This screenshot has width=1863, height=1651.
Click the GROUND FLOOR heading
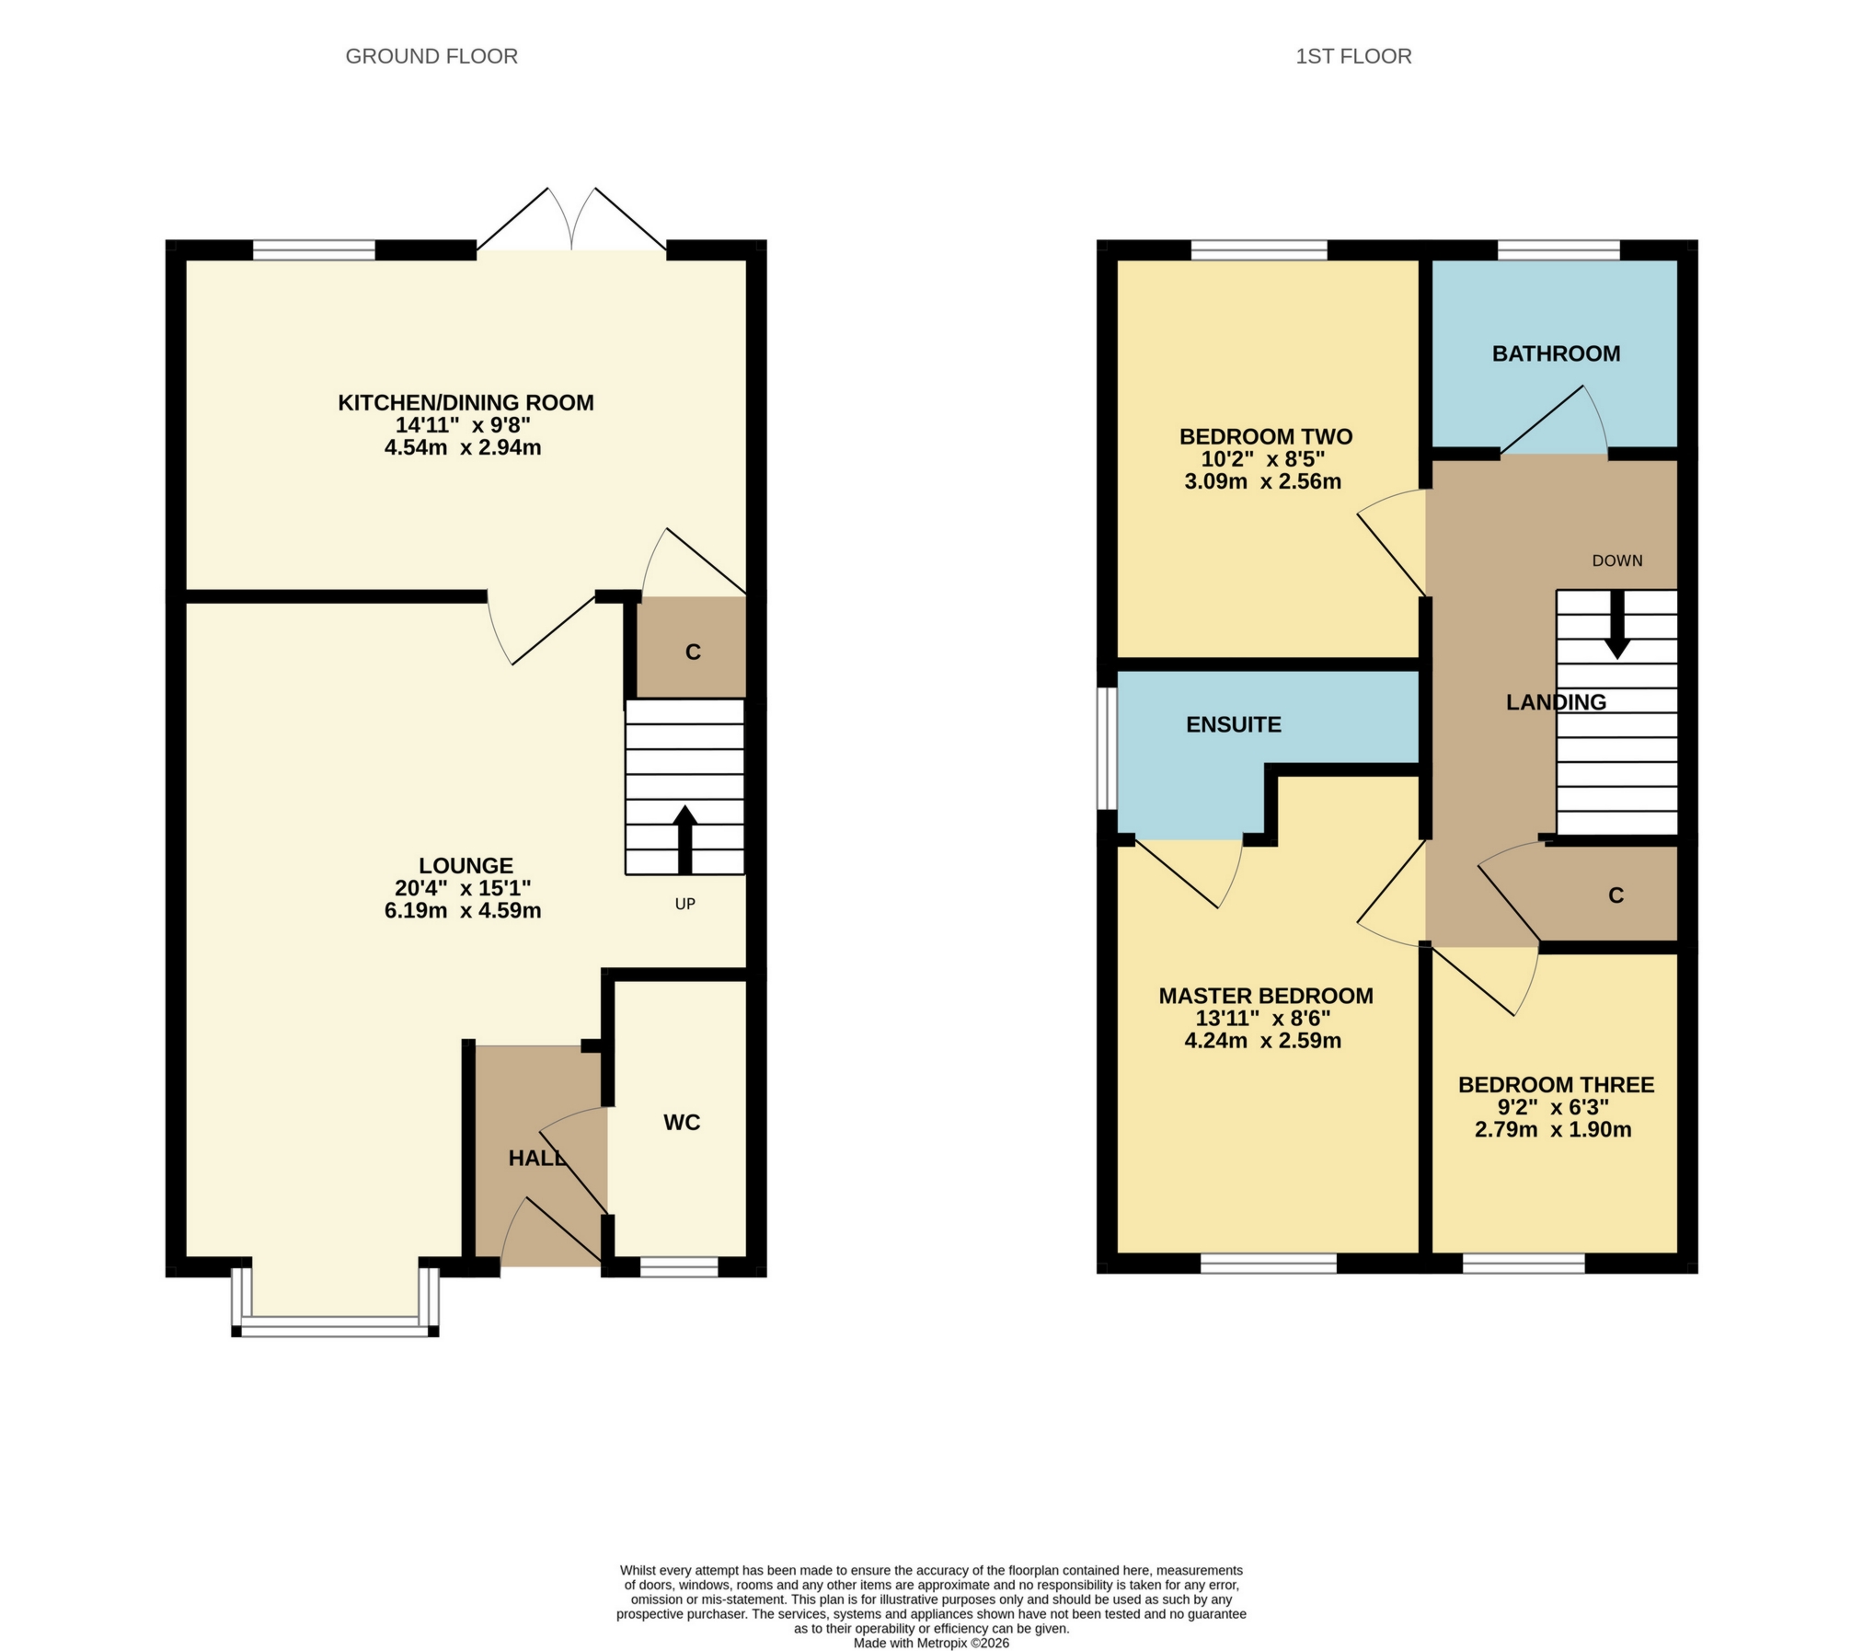pyautogui.click(x=431, y=56)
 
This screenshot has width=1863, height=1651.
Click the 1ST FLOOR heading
pyautogui.click(x=1352, y=56)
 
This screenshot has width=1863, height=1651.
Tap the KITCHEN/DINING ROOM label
pyautogui.click(x=466, y=402)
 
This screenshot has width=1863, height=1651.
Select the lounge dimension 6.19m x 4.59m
pyautogui.click(x=463, y=910)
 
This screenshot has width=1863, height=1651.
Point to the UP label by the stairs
pyautogui.click(x=684, y=904)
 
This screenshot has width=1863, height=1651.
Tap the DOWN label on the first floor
pyautogui.click(x=1616, y=560)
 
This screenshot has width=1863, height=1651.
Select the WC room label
pyautogui.click(x=682, y=1122)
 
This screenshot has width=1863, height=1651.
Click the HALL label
pyautogui.click(x=537, y=1159)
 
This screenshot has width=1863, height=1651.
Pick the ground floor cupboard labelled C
pyautogui.click(x=693, y=652)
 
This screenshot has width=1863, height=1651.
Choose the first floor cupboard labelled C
pyautogui.click(x=1616, y=895)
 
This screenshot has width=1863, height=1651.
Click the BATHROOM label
pyautogui.click(x=1556, y=353)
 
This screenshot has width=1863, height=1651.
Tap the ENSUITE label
pyautogui.click(x=1233, y=724)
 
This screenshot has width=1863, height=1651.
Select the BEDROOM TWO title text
pyautogui.click(x=1266, y=436)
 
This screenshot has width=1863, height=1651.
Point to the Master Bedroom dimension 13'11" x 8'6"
pyautogui.click(x=1263, y=1018)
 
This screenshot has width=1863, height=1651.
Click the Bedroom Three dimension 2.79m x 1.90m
pyautogui.click(x=1553, y=1129)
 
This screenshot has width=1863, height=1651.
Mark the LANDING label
pyautogui.click(x=1556, y=702)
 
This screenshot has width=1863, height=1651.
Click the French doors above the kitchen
pyautogui.click(x=572, y=221)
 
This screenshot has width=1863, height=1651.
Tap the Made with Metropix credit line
pyautogui.click(x=931, y=1643)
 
